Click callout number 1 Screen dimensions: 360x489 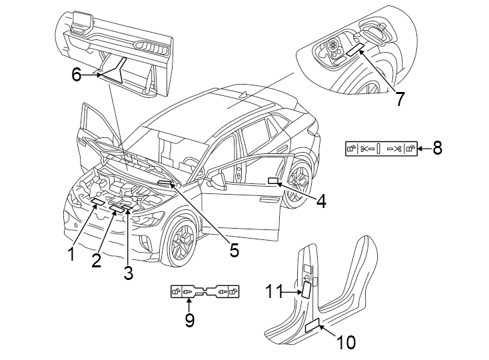69,254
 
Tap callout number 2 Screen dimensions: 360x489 97,261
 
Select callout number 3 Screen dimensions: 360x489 128,271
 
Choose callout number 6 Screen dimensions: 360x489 77,75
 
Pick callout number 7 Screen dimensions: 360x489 399,99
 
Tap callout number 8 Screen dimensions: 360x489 437,148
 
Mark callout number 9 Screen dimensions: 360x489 190,321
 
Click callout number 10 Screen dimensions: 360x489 346,342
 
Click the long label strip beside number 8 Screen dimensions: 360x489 381,148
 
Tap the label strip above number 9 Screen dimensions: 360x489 205,292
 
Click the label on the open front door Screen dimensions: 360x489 272,181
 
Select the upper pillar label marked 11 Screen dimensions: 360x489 306,291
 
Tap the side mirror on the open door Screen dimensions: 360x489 217,181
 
